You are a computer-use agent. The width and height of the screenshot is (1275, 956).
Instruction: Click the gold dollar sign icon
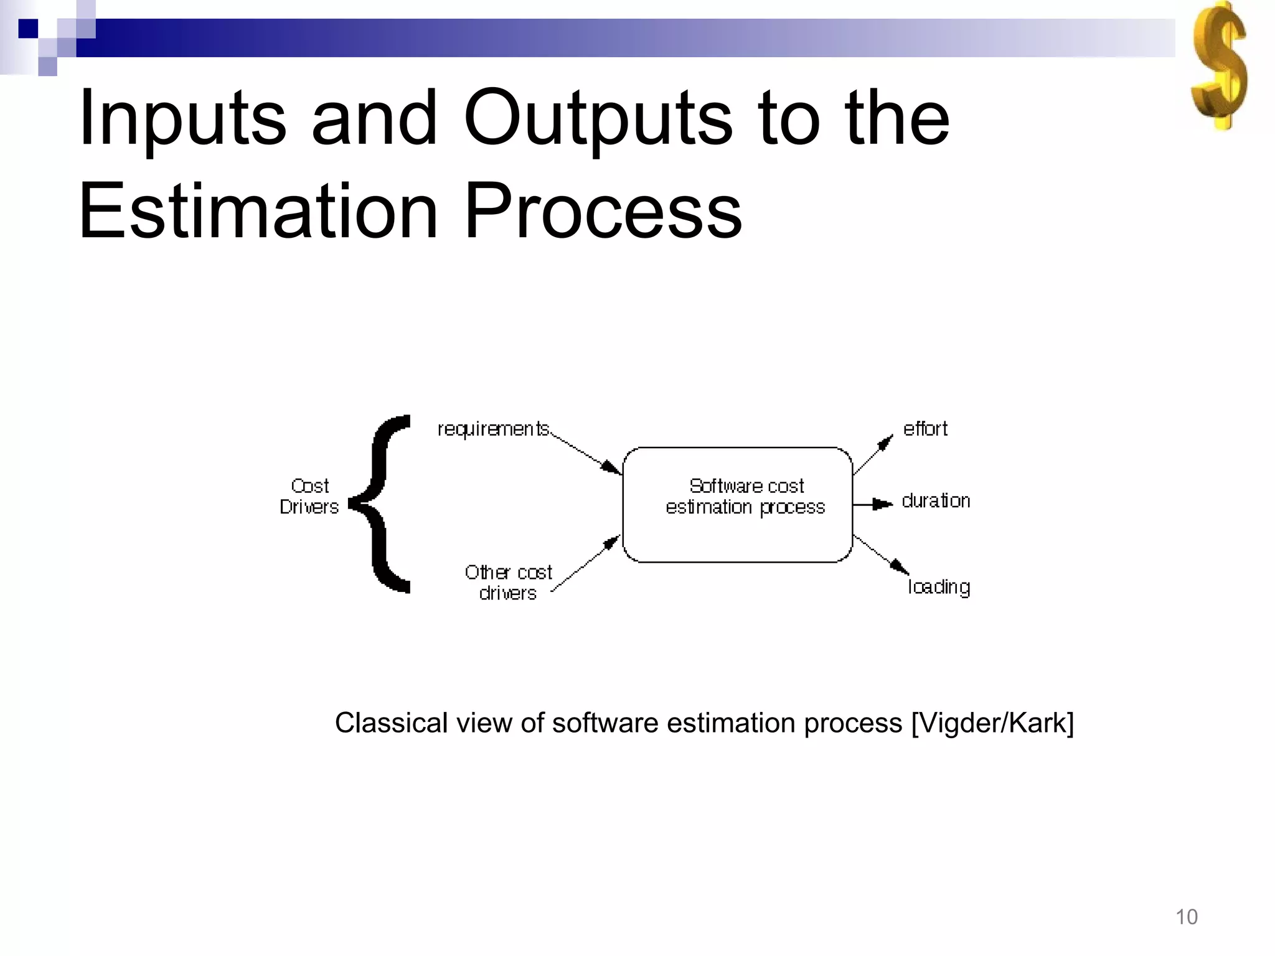pos(1219,65)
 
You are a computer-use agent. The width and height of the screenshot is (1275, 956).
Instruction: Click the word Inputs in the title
pos(182,118)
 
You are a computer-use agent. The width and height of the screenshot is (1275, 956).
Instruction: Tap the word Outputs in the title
pos(598,118)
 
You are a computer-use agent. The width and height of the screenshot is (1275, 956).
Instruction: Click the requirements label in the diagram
pos(493,429)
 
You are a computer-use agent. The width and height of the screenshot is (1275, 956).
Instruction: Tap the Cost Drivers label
pos(309,496)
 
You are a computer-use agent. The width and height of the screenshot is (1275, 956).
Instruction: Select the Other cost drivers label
pos(508,582)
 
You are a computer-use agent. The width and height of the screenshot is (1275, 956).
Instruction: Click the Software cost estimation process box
pos(738,505)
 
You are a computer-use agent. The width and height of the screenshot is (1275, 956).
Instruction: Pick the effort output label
pos(925,429)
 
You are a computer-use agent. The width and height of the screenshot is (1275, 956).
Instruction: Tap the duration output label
pos(936,501)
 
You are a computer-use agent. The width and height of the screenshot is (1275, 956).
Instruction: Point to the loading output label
pos(939,587)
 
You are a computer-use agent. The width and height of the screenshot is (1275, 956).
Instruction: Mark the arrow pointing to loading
pos(880,554)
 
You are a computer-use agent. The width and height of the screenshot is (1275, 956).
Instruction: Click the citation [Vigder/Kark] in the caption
pos(992,723)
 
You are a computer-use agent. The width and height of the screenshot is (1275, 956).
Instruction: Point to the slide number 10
pos(1187,917)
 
